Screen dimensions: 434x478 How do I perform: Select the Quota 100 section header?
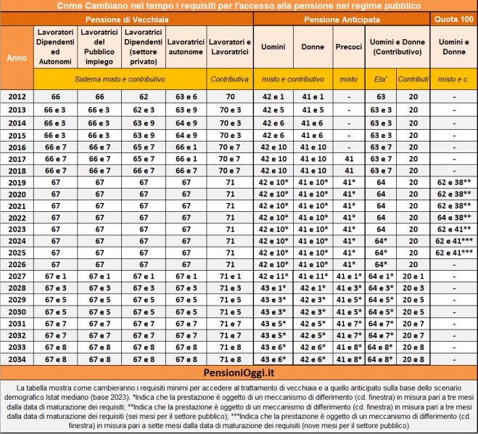(x=452, y=18)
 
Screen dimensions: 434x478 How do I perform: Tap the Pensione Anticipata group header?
(x=341, y=18)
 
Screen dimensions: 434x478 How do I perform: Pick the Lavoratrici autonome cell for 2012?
(x=186, y=96)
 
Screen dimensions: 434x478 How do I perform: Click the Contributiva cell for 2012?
(x=230, y=96)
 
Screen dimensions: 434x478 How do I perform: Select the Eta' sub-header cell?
(x=378, y=78)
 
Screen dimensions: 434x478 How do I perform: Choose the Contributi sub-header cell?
(x=413, y=78)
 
